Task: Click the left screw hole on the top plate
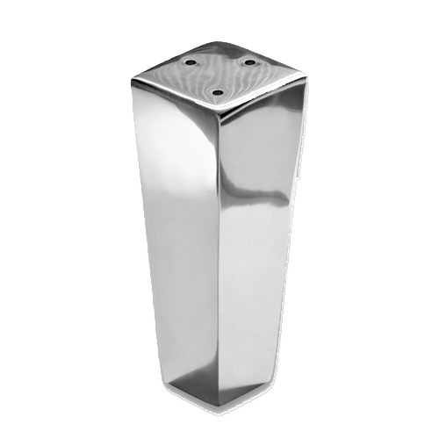pyautogui.click(x=191, y=62)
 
